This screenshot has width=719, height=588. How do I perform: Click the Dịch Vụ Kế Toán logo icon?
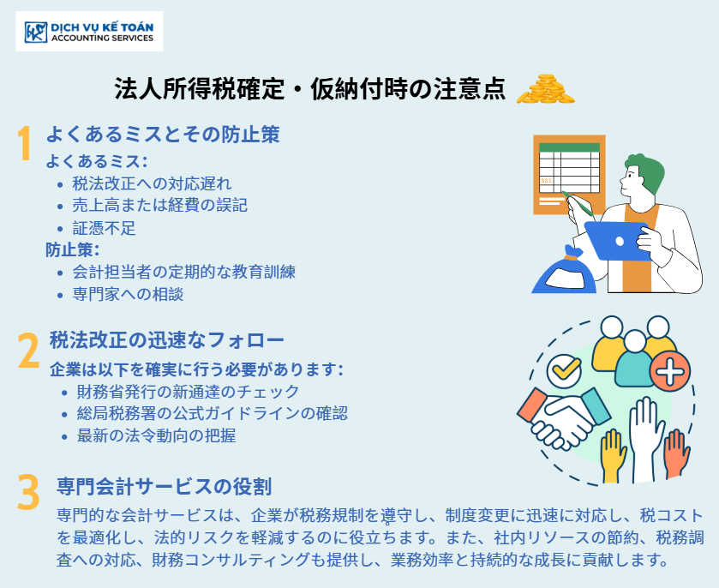[36, 32]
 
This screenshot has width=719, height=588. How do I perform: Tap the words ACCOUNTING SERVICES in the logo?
[102, 38]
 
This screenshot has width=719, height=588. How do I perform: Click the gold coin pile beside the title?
[545, 89]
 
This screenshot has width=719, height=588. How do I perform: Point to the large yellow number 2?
[28, 351]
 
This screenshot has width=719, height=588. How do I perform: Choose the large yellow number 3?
[28, 493]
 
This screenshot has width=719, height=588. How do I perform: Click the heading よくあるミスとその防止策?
[163, 134]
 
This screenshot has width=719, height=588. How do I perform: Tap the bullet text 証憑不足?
[104, 228]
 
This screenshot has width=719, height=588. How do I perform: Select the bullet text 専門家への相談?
[128, 294]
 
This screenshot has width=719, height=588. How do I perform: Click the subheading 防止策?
[73, 250]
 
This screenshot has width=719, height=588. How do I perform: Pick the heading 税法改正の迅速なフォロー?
[167, 340]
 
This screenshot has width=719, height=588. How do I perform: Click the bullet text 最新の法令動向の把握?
[156, 435]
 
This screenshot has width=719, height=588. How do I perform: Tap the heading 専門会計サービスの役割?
[165, 486]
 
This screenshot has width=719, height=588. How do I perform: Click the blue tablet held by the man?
[618, 240]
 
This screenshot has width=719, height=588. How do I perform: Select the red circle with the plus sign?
[670, 371]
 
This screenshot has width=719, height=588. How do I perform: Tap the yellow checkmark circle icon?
[564, 370]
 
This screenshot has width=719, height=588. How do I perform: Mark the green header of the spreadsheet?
[569, 147]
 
